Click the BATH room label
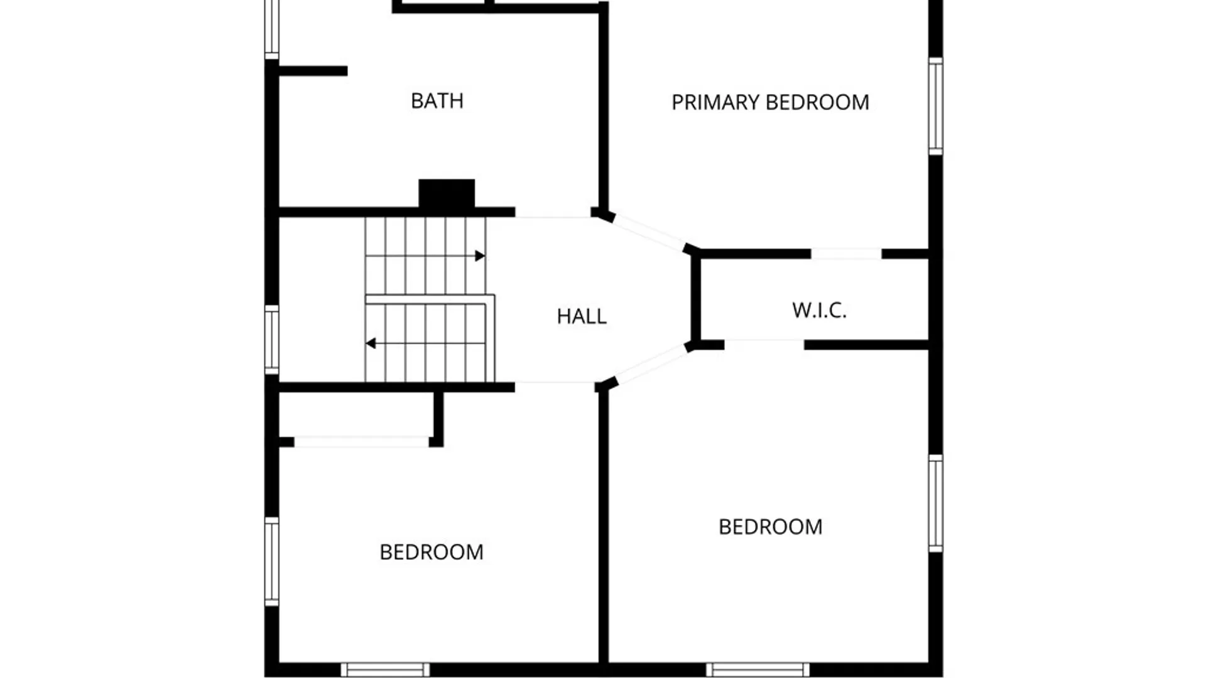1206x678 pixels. (x=437, y=101)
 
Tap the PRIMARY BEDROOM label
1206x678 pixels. (x=770, y=102)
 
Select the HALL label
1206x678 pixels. (x=582, y=316)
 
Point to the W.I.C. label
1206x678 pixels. (x=819, y=310)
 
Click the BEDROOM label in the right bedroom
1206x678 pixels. (x=770, y=527)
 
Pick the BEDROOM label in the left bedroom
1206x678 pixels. (x=432, y=552)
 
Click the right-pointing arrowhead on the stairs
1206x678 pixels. (x=480, y=256)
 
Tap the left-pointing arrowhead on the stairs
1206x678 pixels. (x=371, y=343)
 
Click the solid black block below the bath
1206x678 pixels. (x=447, y=193)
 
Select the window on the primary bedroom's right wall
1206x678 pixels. (x=935, y=106)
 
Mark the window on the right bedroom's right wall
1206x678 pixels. (x=935, y=504)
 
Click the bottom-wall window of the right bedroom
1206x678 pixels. (x=758, y=670)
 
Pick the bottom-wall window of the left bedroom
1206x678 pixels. (x=385, y=670)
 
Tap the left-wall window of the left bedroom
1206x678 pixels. (x=271, y=562)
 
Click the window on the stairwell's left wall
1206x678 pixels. (x=271, y=340)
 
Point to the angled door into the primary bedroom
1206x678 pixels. (x=649, y=232)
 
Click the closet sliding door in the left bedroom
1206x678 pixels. (x=361, y=442)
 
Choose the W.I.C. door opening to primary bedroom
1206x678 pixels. (x=846, y=254)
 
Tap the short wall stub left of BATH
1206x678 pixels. (x=313, y=72)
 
